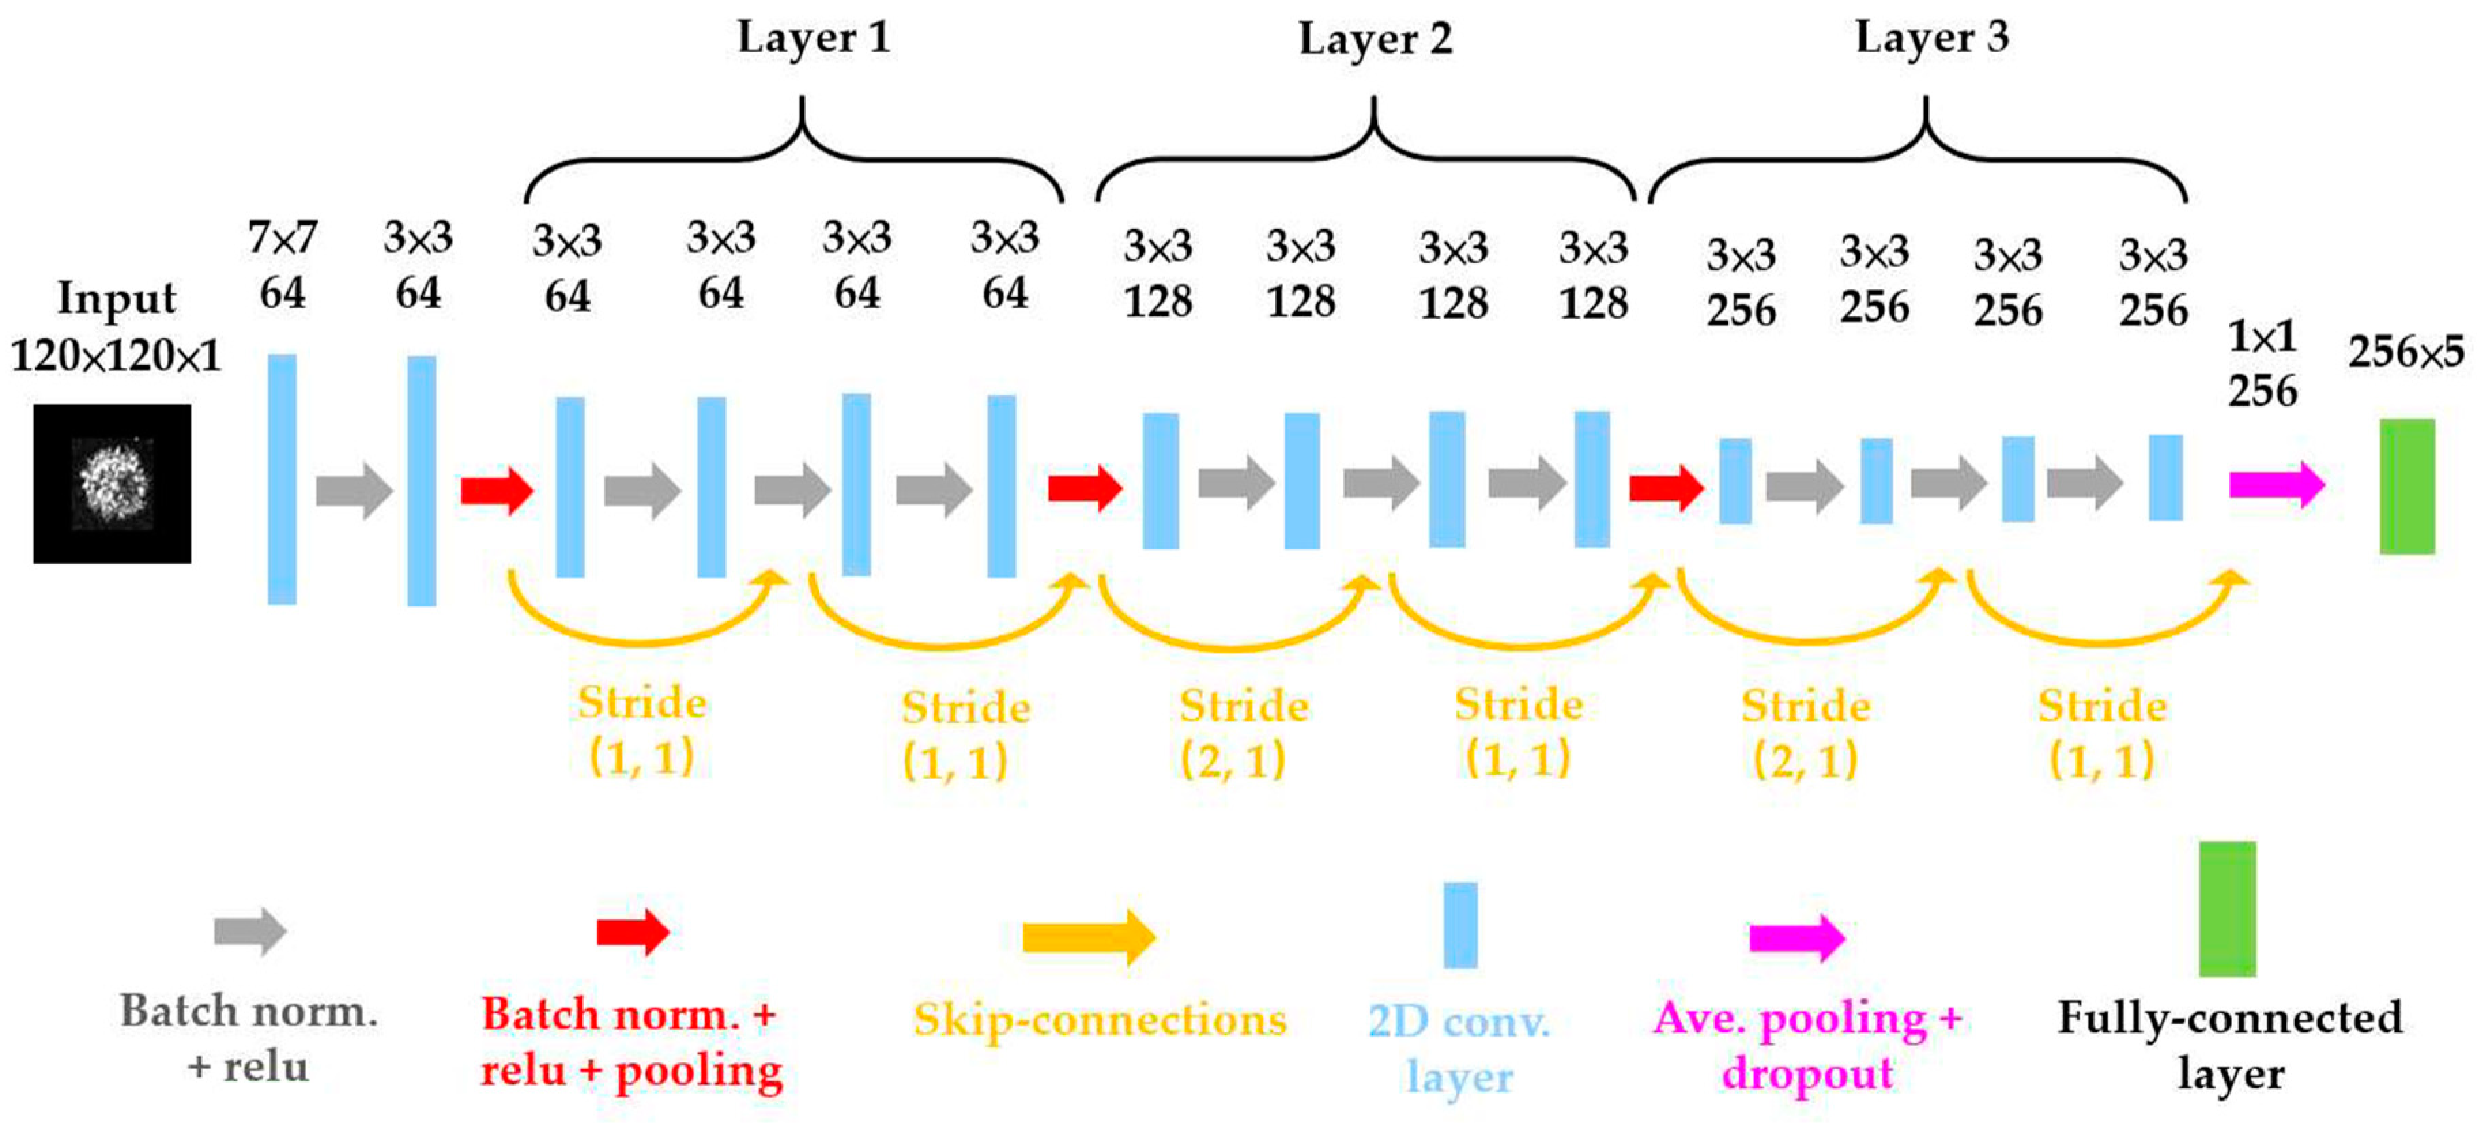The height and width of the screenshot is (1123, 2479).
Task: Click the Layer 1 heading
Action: pyautogui.click(x=813, y=39)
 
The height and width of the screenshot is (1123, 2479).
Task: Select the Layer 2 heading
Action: pyautogui.click(x=1374, y=39)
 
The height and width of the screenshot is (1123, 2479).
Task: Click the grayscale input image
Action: pyautogui.click(x=112, y=483)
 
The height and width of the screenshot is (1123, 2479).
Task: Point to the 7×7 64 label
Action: pyautogui.click(x=282, y=265)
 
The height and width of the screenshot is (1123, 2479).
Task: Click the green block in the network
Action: pyautogui.click(x=2407, y=486)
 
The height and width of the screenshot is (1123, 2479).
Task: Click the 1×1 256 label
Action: pyautogui.click(x=2263, y=363)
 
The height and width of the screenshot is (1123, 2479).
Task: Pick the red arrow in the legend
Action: pyautogui.click(x=632, y=932)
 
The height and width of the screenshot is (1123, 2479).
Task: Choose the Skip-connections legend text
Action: pyautogui.click(x=1100, y=1019)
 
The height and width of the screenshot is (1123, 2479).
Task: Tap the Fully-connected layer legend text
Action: pyautogui.click(x=2230, y=1045)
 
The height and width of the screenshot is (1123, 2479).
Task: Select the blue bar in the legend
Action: pyautogui.click(x=1460, y=924)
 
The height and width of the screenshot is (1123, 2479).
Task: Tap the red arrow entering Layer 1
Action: pyautogui.click(x=497, y=490)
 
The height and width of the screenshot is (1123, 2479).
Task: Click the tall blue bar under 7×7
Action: pyautogui.click(x=282, y=479)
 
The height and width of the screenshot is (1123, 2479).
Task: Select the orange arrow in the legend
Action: pyautogui.click(x=1088, y=937)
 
